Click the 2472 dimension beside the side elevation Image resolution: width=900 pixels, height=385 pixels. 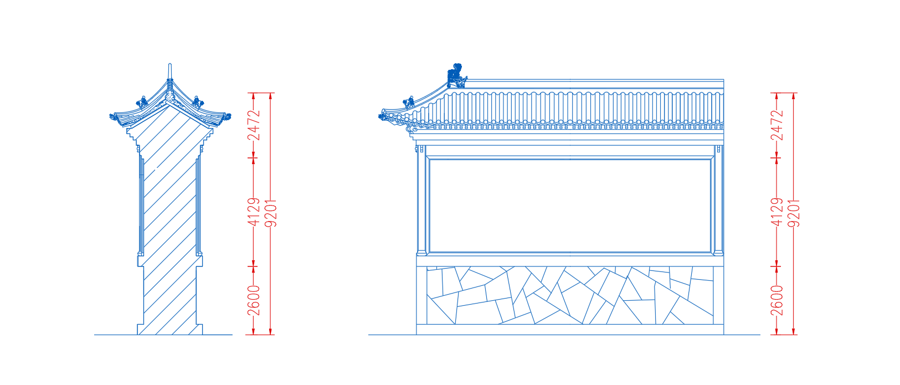click(x=254, y=125)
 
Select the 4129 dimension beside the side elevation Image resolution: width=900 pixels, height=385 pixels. click(x=254, y=212)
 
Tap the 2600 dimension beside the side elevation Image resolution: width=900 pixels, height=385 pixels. click(x=254, y=300)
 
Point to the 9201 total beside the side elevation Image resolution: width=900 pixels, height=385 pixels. click(x=271, y=213)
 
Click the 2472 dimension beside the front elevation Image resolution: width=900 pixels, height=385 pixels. click(x=778, y=125)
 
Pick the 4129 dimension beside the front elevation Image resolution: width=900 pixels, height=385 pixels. click(x=778, y=212)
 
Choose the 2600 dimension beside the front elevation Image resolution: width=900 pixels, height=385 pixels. click(x=778, y=300)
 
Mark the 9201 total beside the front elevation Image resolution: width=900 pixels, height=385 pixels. click(x=794, y=213)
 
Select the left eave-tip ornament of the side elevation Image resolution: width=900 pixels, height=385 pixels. click(x=114, y=117)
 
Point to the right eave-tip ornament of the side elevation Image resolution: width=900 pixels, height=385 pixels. click(x=227, y=117)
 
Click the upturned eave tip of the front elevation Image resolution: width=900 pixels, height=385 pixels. click(x=384, y=115)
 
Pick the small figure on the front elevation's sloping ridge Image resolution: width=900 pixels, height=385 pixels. click(x=409, y=102)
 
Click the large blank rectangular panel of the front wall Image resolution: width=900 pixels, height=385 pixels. click(x=570, y=206)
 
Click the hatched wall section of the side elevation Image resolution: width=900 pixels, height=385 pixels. click(x=170, y=225)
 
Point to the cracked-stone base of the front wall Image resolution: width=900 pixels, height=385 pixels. click(x=570, y=295)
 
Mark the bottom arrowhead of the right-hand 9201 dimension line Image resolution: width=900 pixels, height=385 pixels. click(x=794, y=331)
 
